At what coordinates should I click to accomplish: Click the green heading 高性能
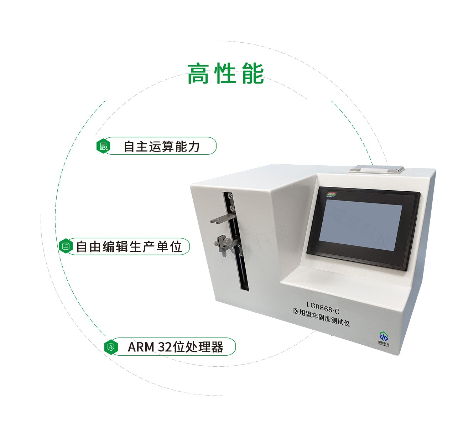coord(225,74)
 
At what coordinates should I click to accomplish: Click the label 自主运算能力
coord(161,146)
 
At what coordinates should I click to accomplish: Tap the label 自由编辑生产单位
coord(129,246)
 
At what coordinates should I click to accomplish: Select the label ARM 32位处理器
coord(175,347)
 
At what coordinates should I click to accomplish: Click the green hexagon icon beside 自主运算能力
coord(103,146)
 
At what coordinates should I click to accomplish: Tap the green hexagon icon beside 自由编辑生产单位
coord(66,246)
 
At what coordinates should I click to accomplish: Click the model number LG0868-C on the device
coord(323,304)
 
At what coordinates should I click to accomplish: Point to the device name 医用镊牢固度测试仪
coord(321,313)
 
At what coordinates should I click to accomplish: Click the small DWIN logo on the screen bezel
coord(332,194)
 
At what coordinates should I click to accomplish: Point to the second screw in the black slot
coord(232,207)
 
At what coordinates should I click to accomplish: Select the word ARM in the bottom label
coord(141,347)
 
